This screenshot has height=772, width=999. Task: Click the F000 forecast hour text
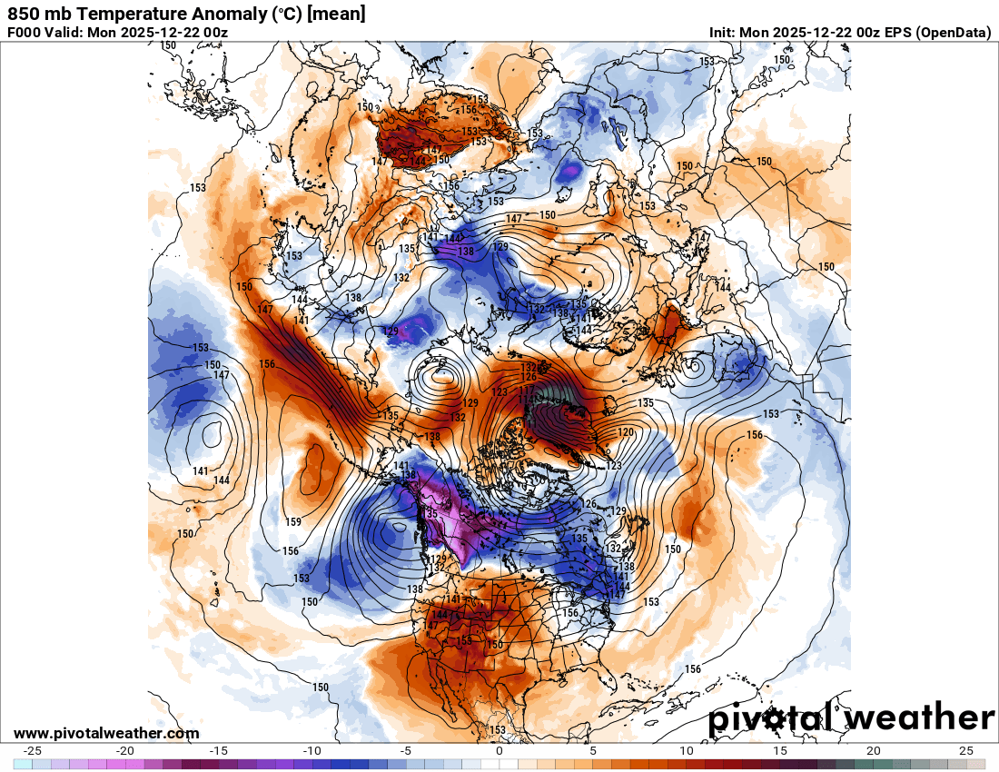(x=25, y=33)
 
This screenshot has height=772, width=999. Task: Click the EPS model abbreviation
(x=895, y=33)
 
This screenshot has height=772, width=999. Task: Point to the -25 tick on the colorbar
(x=33, y=751)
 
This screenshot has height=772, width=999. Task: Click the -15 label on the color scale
(x=219, y=751)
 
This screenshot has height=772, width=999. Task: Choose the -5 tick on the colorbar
(x=406, y=751)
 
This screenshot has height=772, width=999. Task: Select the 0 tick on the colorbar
(x=499, y=751)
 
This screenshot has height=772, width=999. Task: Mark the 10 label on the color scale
(x=686, y=751)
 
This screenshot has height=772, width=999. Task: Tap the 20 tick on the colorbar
(x=873, y=751)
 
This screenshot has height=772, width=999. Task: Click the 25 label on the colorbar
(x=966, y=751)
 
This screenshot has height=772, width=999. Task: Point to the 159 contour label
(x=292, y=522)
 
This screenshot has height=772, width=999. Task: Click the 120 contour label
(x=626, y=432)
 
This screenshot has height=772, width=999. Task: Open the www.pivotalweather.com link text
(x=106, y=733)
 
